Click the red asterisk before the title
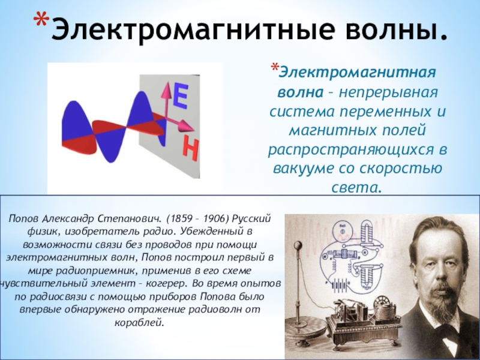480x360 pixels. point(41,22)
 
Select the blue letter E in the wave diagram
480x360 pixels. point(180,97)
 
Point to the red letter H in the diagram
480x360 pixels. point(190,149)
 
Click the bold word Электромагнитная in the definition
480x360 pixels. point(357,73)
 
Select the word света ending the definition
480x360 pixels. point(357,187)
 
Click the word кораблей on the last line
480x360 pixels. point(139,323)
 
